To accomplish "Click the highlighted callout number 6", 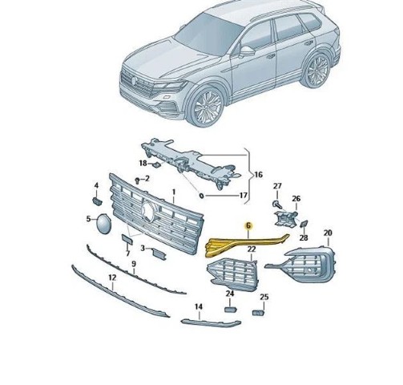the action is tap(248, 226).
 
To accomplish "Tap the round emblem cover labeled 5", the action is tap(103, 224).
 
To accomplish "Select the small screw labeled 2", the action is tap(138, 180).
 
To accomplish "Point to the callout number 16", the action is tap(258, 175).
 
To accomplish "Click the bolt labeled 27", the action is tap(277, 205).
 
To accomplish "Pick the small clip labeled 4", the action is tap(97, 201).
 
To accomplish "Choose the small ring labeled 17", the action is tap(202, 196).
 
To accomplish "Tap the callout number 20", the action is tap(328, 233).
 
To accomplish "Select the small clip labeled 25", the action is tap(259, 312).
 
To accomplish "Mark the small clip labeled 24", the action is tap(230, 310).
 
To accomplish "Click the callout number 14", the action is tap(199, 306).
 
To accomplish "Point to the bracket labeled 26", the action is tap(285, 219).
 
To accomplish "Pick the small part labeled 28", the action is tap(304, 224).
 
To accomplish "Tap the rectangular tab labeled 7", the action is tap(127, 239).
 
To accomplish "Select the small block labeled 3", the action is tap(159, 253).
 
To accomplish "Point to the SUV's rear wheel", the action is tap(317, 71).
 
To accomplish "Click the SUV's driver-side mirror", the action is tap(246, 51).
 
